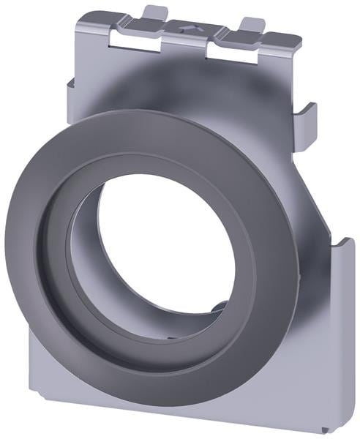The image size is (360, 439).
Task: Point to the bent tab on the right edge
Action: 305,124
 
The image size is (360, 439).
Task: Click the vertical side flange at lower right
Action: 344,322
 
